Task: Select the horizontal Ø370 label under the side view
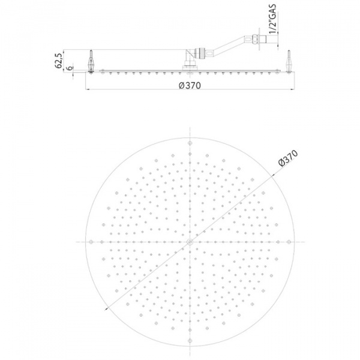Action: click(190, 85)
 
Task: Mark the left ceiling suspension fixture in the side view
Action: click(91, 63)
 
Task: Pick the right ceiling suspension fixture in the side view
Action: click(289, 63)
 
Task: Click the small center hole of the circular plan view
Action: click(190, 241)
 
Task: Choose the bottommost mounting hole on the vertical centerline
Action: click(190, 340)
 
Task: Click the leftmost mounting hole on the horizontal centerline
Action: click(91, 241)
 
